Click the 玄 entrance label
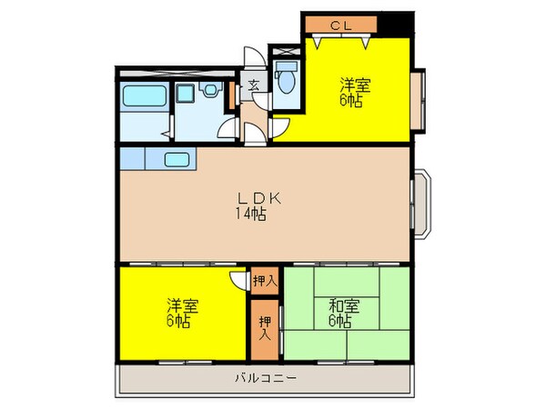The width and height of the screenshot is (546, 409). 254,87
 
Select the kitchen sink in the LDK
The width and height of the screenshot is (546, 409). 177,161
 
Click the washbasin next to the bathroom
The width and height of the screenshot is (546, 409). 212,90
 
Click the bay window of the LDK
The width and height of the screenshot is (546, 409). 422,203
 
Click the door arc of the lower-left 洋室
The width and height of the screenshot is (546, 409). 238,284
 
